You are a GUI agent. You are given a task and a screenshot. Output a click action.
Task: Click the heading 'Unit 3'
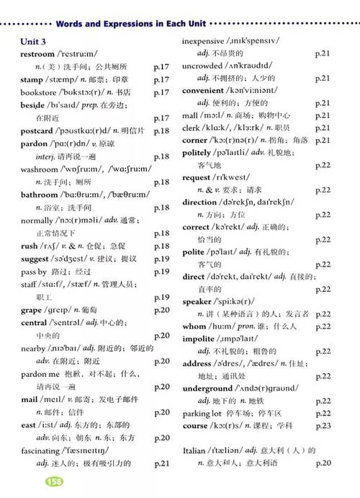tap(35, 42)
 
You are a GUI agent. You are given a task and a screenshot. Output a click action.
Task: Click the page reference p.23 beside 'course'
tap(323, 426)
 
